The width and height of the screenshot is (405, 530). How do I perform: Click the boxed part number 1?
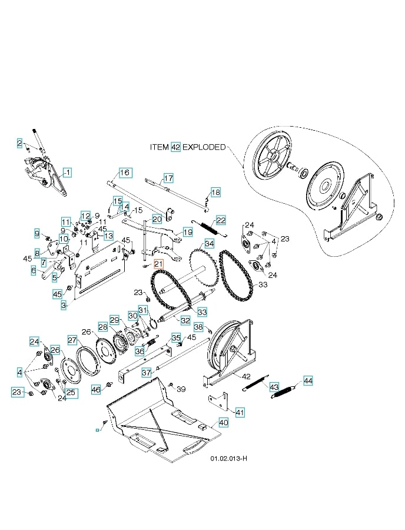(68, 173)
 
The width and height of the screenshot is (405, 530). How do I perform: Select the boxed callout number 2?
(19, 143)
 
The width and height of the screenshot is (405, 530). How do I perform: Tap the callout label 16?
(124, 173)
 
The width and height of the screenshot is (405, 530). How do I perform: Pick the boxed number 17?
(168, 178)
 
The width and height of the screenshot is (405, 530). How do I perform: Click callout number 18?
(215, 193)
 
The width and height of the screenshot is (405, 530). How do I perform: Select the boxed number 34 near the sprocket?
(209, 243)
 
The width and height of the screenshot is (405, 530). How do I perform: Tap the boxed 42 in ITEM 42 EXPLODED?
(175, 147)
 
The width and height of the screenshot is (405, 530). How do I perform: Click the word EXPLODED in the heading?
(204, 147)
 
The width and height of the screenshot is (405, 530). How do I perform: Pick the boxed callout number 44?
(308, 380)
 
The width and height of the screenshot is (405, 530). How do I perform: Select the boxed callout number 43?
(274, 387)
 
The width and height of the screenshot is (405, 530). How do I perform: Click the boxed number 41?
(240, 412)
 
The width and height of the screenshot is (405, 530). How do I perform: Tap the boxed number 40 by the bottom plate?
(223, 422)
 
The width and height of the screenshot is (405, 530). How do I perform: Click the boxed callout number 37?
(147, 372)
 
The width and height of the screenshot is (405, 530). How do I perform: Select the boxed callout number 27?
(72, 340)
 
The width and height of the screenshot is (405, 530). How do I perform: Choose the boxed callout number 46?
(97, 390)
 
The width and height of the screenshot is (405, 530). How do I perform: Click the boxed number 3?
(64, 305)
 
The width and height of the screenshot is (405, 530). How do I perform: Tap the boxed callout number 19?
(187, 233)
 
